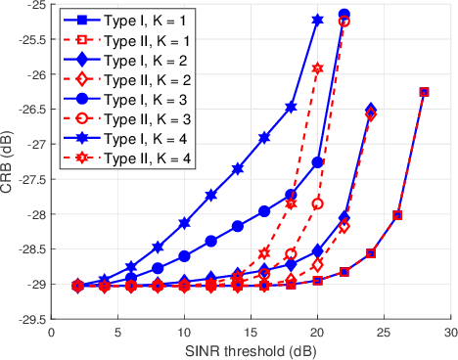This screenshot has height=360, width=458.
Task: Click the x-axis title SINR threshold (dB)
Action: coord(250,349)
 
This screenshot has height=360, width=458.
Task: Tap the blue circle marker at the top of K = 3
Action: coord(343,15)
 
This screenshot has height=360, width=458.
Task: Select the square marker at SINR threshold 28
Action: coord(424,92)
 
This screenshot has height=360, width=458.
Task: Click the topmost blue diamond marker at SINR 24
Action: coord(371,110)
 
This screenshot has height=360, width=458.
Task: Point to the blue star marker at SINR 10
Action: coord(184,223)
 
